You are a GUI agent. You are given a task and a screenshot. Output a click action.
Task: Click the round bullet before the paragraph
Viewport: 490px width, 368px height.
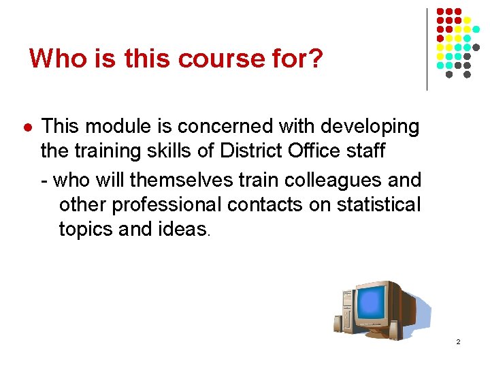tap(27, 127)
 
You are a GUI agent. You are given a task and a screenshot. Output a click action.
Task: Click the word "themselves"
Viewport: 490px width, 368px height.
tap(178, 180)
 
